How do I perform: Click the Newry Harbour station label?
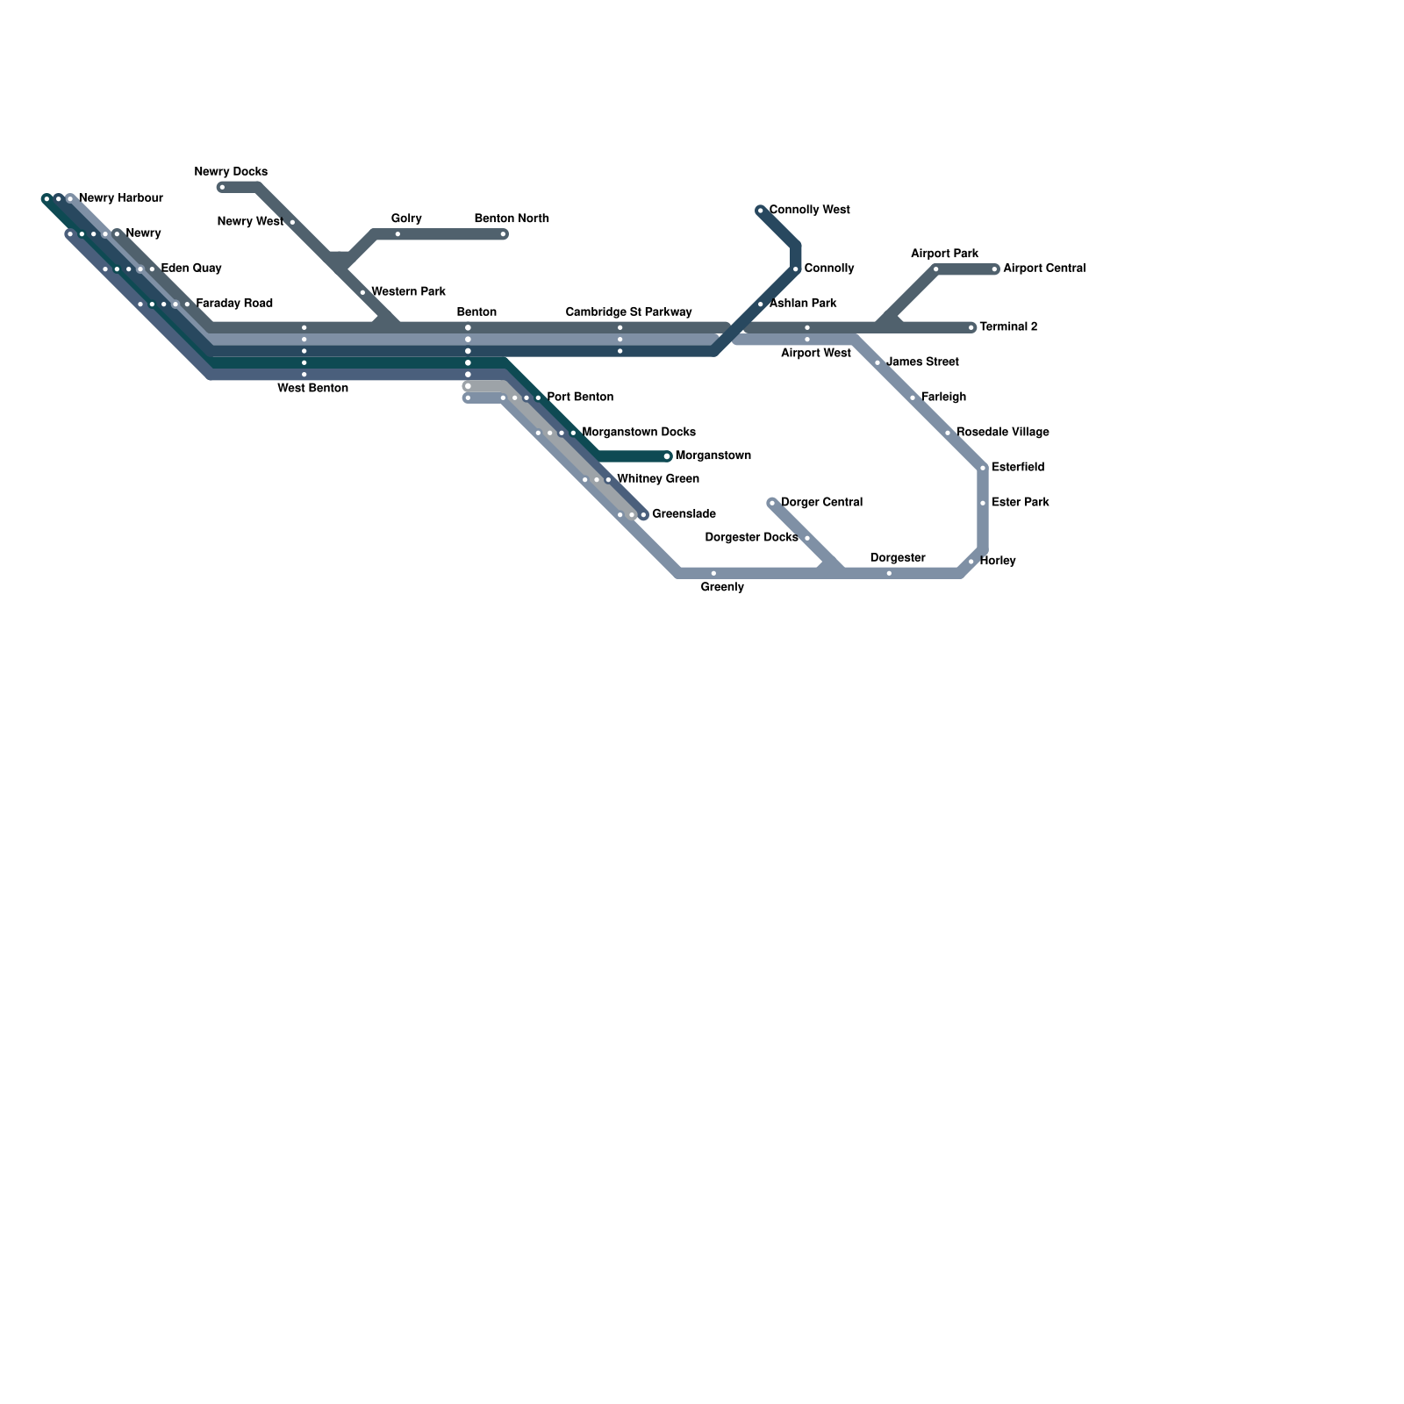click(120, 198)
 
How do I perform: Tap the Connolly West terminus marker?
click(761, 211)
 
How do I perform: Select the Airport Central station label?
click(1044, 269)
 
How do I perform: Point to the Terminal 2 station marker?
click(972, 328)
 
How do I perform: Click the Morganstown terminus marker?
click(667, 456)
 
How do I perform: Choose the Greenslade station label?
click(684, 514)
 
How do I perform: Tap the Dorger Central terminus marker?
click(772, 503)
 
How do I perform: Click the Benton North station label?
click(512, 218)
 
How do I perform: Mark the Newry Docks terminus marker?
click(222, 187)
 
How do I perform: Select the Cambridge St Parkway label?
click(628, 312)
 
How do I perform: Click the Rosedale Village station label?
click(1002, 433)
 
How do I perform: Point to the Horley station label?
click(998, 561)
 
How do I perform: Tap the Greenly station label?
click(722, 588)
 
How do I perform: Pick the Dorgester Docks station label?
click(751, 538)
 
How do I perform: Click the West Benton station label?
click(312, 389)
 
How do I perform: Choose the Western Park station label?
click(408, 292)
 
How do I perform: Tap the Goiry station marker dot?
click(398, 234)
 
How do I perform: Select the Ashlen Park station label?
click(802, 304)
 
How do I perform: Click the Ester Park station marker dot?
click(984, 503)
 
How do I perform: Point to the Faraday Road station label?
click(234, 304)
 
